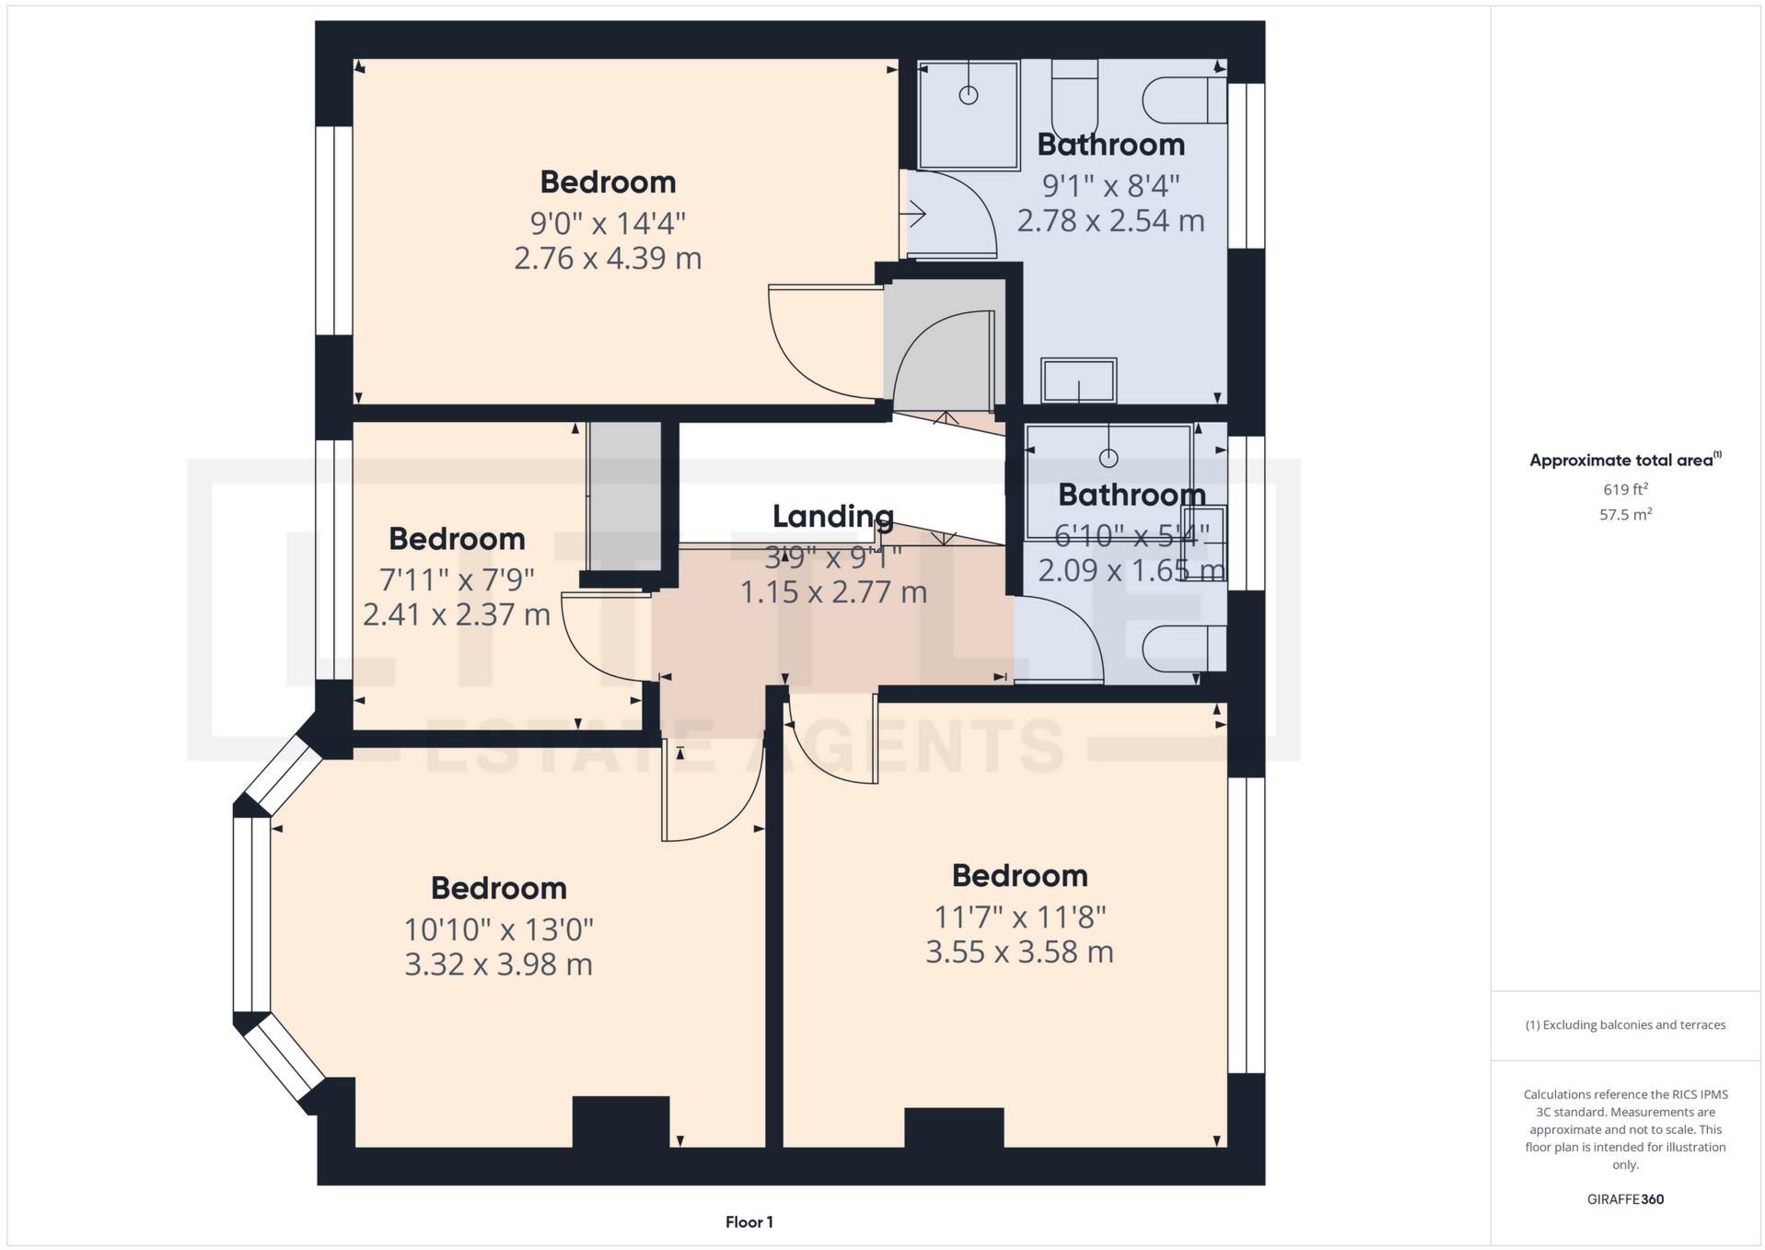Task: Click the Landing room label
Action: (832, 517)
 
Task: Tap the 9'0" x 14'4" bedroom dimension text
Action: (608, 223)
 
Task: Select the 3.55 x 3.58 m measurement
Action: (1019, 952)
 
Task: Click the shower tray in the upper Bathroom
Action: (969, 115)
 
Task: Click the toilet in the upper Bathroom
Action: (1185, 100)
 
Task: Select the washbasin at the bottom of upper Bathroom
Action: (1078, 380)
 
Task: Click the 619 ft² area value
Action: (1625, 489)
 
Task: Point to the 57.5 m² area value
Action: (1625, 515)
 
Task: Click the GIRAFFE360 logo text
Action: (1625, 1199)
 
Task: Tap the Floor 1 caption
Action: (749, 1222)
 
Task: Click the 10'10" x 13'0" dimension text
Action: (498, 929)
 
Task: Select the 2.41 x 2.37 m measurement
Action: (456, 614)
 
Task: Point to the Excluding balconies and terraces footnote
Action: (1625, 1025)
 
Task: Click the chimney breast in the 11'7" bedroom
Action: (954, 1127)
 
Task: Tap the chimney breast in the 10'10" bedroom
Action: (621, 1121)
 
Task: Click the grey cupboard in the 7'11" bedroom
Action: (624, 497)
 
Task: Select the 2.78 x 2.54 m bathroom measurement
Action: (1110, 221)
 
